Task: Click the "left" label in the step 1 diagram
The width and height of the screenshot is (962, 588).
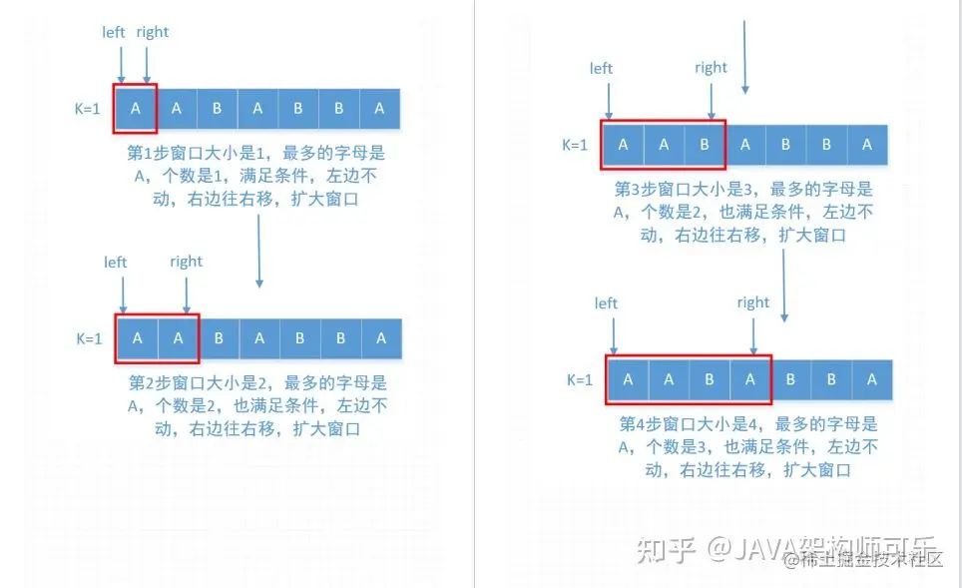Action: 114,32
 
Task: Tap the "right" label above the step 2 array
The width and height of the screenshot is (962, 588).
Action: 186,262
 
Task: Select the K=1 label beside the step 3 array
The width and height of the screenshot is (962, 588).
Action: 575,145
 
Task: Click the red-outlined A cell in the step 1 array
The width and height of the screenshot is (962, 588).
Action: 136,109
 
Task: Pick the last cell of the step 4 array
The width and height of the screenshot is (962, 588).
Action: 871,379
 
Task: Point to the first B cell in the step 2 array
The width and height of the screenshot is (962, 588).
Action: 219,338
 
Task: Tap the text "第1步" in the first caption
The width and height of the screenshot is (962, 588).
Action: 149,154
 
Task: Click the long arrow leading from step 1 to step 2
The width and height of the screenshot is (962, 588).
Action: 258,250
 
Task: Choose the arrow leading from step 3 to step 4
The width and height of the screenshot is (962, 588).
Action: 784,285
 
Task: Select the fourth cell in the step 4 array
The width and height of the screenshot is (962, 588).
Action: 749,379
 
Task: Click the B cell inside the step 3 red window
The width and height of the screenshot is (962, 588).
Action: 705,145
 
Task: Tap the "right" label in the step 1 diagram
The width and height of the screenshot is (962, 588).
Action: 153,32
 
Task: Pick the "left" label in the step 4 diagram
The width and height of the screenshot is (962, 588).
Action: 606,303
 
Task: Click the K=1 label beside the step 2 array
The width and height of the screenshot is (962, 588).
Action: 89,338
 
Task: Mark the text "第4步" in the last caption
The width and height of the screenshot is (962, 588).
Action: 640,424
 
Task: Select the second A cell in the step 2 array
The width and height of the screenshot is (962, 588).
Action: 178,338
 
